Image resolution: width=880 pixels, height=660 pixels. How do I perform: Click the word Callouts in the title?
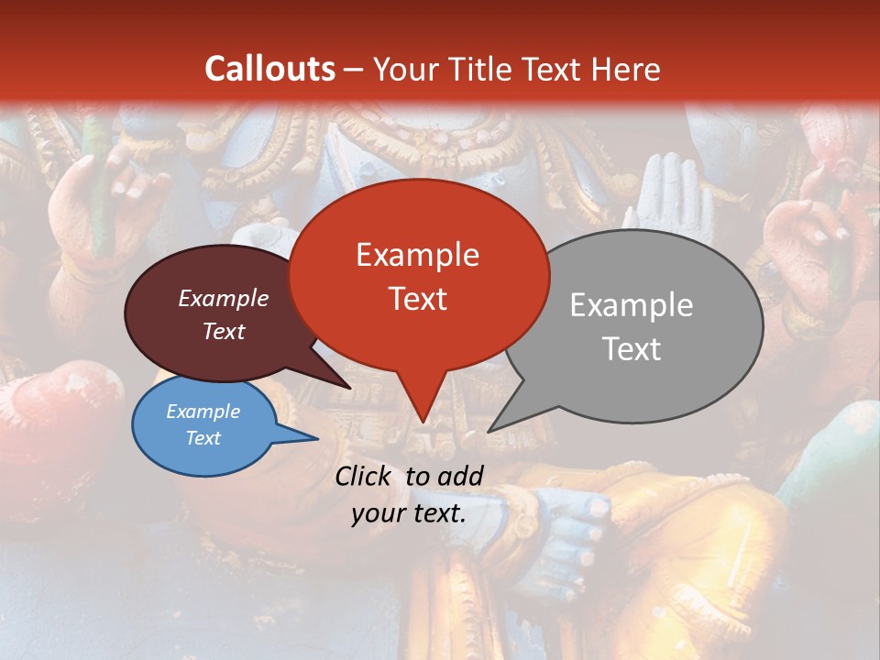(269, 69)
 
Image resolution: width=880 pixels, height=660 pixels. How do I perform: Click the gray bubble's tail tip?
(489, 431)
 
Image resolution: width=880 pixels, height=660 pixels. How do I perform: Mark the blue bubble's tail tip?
(317, 438)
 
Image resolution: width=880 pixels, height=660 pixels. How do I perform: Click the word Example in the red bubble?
(417, 255)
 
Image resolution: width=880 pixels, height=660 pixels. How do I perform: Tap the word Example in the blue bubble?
(203, 412)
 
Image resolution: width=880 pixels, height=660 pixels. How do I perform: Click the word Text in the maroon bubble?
(224, 331)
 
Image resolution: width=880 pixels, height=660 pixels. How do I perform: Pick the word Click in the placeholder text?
(365, 476)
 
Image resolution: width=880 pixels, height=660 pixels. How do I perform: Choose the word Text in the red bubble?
(417, 299)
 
